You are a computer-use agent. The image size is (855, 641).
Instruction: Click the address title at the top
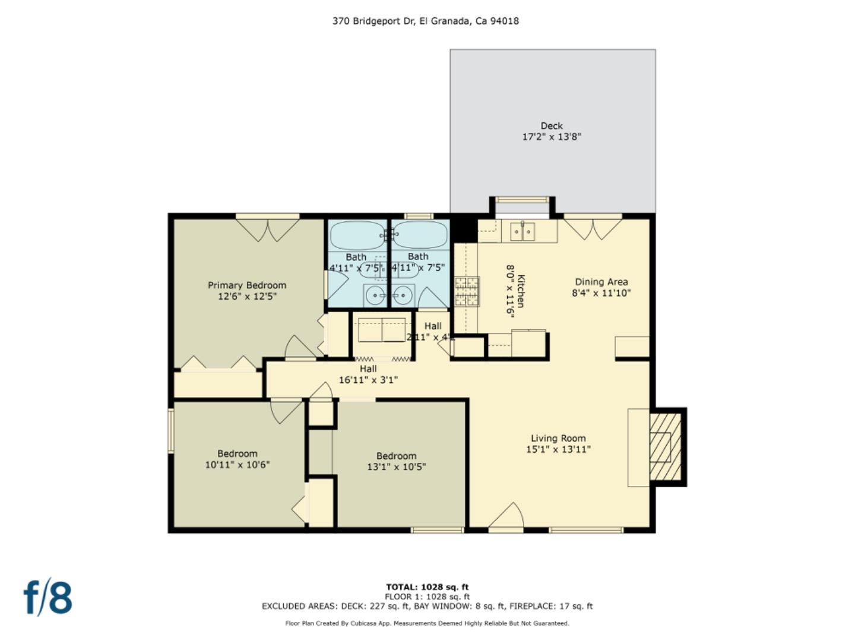coord(425,21)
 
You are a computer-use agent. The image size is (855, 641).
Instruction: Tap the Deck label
coord(551,126)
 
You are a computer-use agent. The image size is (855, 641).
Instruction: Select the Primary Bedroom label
coord(247,285)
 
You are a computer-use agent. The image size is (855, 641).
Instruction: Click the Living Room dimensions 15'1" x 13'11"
coord(558,449)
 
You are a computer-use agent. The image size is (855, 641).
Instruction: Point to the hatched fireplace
coord(665,447)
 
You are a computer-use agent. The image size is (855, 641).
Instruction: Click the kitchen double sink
coord(522,231)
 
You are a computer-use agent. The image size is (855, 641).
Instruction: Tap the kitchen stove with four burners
coord(467,291)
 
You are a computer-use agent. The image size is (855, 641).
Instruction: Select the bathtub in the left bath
coord(357,236)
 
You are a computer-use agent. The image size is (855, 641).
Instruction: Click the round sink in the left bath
coord(375,294)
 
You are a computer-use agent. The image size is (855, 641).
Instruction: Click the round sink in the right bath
coord(403,294)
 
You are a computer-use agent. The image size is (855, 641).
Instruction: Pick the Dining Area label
coord(601,282)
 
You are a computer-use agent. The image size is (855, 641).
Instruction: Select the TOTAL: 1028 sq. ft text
coord(427,587)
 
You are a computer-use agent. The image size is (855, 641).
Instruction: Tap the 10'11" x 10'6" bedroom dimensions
coord(237,465)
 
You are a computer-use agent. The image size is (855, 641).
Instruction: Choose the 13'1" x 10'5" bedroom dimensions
coord(396,467)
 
